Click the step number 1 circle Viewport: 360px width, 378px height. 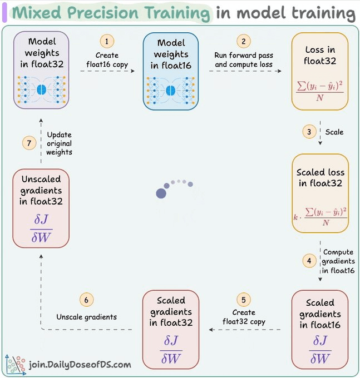[107, 41]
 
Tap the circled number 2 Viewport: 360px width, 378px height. [243, 41]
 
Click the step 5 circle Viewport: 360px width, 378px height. [243, 299]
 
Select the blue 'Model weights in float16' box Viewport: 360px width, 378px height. [171, 71]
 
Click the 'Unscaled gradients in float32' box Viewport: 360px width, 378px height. [41, 208]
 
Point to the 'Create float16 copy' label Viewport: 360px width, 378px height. [107, 60]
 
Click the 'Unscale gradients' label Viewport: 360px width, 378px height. [86, 317]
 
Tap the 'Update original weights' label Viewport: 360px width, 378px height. [60, 143]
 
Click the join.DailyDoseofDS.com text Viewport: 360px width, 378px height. [80, 365]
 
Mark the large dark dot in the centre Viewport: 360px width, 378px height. [161, 193]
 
